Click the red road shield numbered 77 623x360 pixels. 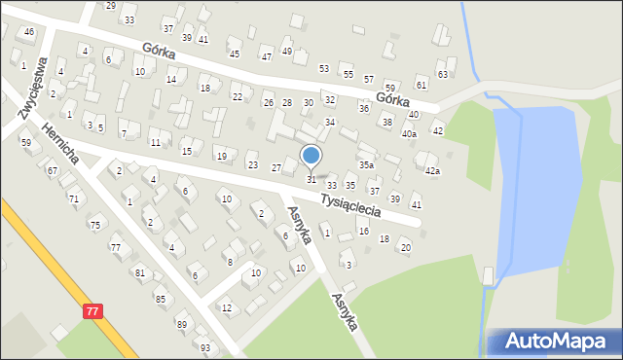(x=92, y=310)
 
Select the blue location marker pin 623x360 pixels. (x=311, y=156)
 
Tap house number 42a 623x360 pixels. (x=432, y=171)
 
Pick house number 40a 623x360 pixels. (x=409, y=133)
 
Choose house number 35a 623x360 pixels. (x=365, y=165)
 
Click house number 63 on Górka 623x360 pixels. (x=443, y=74)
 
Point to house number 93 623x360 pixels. (x=204, y=347)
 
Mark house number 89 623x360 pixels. (x=181, y=323)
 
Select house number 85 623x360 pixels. (x=160, y=298)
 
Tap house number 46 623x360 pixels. (x=29, y=32)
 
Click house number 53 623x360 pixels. (x=324, y=68)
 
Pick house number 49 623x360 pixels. (x=286, y=51)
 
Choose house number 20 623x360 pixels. (x=406, y=247)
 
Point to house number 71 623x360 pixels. (x=73, y=198)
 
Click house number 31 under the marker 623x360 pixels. (x=311, y=179)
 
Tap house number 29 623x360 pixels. (x=110, y=6)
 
